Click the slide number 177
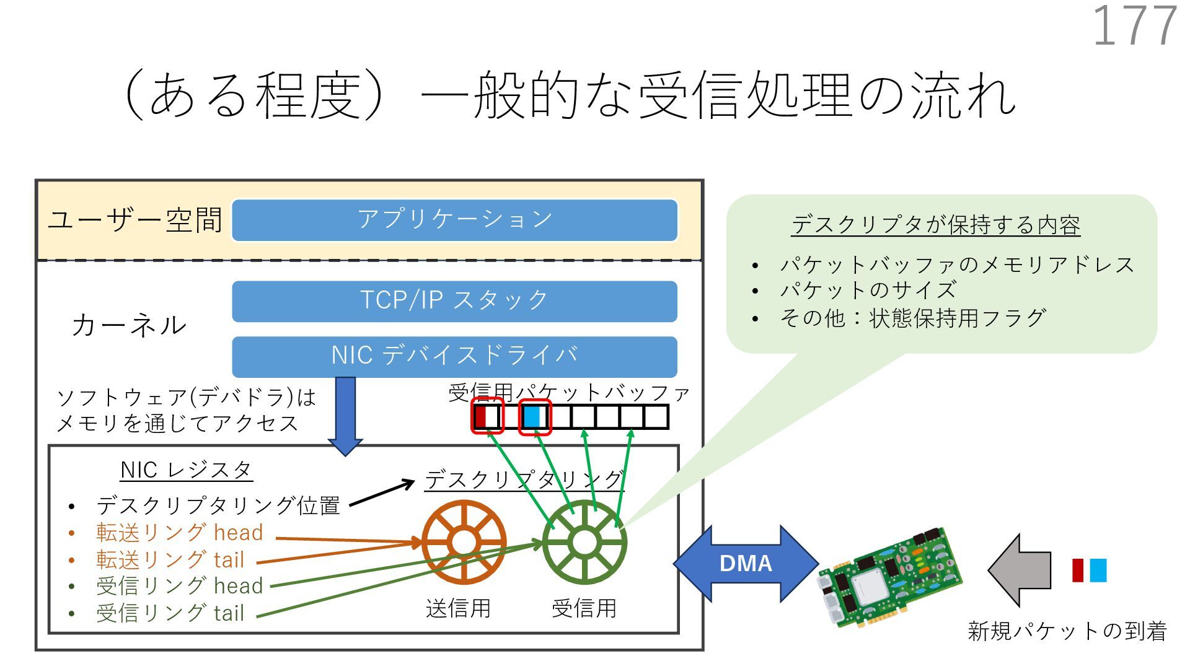pos(1134,26)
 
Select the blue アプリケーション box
pos(454,220)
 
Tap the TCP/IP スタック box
pos(454,301)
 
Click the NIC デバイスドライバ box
pos(454,356)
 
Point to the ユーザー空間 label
pos(135,220)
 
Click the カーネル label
pos(129,325)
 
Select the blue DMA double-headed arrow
pos(746,563)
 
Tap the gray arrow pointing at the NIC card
pos(1020,570)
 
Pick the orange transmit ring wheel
pos(464,543)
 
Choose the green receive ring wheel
pos(584,543)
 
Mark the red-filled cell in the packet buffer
pos(480,416)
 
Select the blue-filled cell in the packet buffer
pos(532,416)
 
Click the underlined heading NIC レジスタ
pos(186,470)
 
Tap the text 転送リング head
pos(180,533)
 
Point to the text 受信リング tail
pos(170,613)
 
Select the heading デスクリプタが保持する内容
pos(936,225)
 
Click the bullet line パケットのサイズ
pos(868,291)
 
